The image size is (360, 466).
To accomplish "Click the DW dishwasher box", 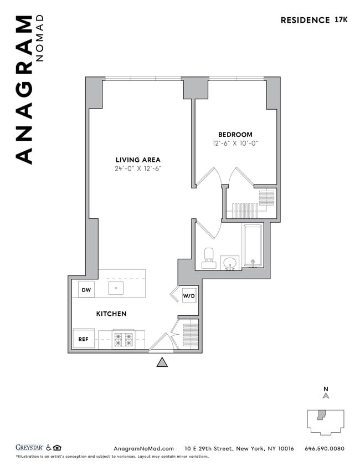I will tap(86, 290).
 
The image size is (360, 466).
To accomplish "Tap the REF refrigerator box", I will tap(83, 339).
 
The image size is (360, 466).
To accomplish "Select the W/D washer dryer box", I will tap(189, 296).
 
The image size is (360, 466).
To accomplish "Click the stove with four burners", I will tap(124, 339).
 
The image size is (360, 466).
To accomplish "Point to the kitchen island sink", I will tap(116, 288).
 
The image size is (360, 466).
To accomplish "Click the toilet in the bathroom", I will tap(209, 258).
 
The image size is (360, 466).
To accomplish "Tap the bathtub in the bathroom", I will tap(253, 246).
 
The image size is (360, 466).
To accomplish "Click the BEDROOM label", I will tap(235, 135).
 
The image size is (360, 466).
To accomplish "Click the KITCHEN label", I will tap(111, 314).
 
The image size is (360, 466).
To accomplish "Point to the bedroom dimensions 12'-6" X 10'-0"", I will tap(235, 144).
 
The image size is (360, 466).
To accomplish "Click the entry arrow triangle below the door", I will tap(162, 362).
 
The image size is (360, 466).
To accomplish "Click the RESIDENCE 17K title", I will tap(313, 20).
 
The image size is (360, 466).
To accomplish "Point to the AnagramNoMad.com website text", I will tap(143, 448).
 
